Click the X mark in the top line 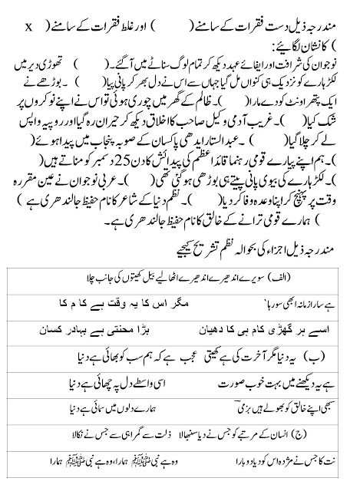(x=28, y=28)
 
